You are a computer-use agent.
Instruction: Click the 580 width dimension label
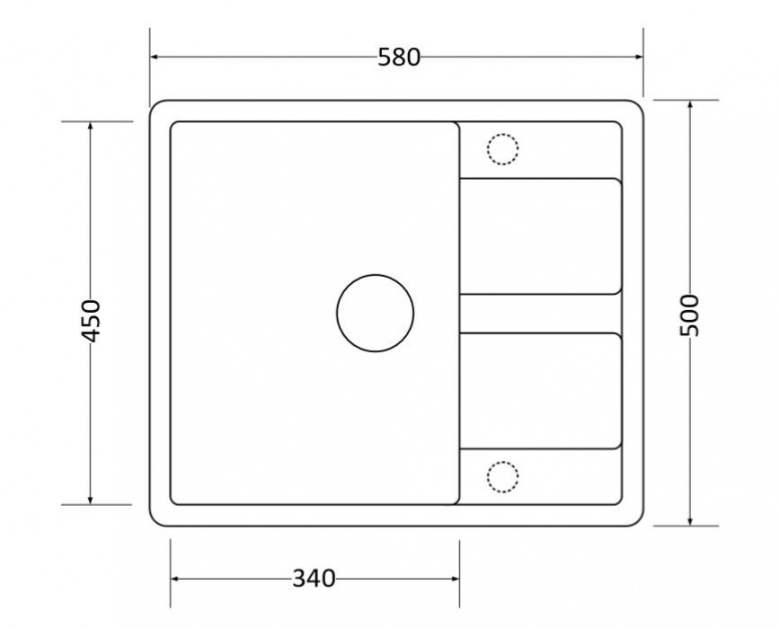[399, 58]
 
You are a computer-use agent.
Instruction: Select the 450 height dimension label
[91, 321]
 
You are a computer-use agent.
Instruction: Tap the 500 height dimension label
[689, 315]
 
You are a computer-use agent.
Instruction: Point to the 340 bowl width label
[314, 579]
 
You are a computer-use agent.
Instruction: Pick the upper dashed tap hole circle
[502, 134]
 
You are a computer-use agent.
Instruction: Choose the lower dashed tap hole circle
[502, 462]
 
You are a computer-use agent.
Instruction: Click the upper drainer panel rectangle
[540, 179]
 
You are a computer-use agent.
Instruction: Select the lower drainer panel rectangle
[540, 333]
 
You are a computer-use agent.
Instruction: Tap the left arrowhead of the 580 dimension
[154, 57]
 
